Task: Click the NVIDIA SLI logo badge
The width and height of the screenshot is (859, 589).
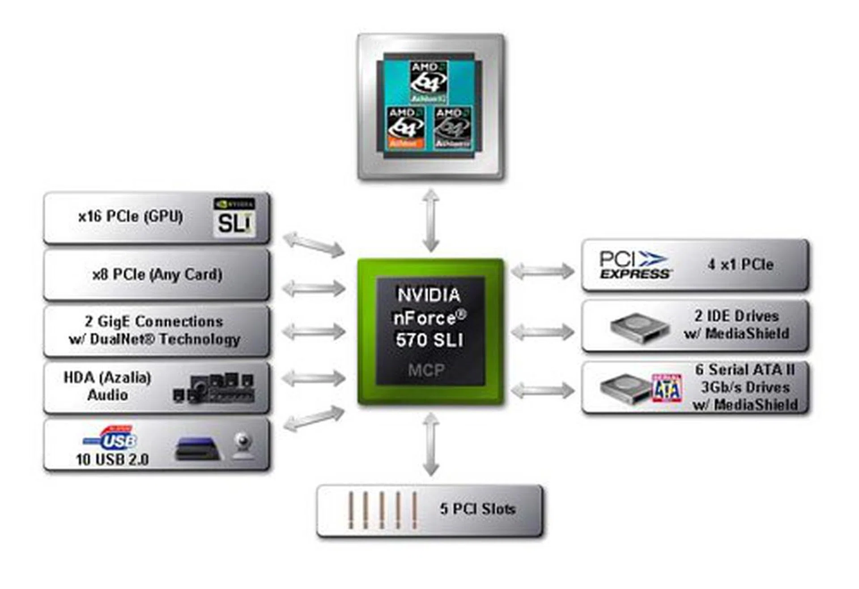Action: click(234, 217)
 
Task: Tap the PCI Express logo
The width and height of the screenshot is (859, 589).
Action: click(635, 265)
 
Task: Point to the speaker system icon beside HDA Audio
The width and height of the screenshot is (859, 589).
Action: click(214, 388)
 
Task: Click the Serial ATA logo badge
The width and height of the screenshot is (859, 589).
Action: click(667, 388)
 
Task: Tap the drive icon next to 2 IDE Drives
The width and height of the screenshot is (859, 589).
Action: click(639, 328)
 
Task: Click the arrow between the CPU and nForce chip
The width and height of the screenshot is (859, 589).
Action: click(431, 220)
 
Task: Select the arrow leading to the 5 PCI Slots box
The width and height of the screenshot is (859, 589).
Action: click(431, 444)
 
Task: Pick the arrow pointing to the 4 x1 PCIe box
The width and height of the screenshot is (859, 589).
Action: click(542, 271)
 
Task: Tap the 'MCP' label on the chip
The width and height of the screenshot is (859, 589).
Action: click(426, 370)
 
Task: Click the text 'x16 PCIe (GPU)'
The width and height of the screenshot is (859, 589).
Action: click(131, 217)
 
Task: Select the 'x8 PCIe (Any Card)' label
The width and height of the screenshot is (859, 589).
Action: click(157, 274)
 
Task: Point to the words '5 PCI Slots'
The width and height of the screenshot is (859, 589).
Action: click(477, 508)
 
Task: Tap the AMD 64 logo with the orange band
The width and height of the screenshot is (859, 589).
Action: click(405, 128)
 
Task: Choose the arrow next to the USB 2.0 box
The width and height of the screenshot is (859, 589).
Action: click(314, 418)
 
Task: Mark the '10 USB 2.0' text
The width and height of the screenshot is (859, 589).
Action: click(112, 459)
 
